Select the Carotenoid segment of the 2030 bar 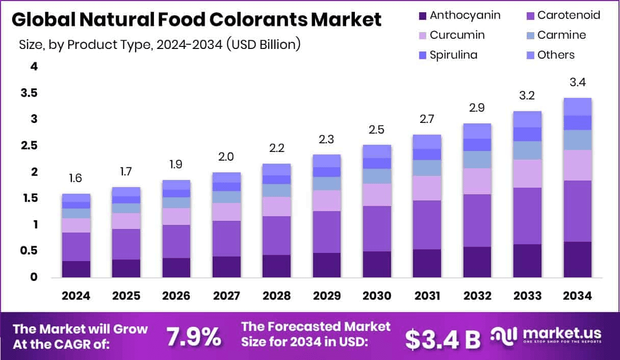(377, 228)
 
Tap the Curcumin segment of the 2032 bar (477, 181)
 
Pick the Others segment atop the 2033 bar (527, 119)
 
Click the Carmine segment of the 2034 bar (577, 140)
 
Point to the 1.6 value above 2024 (76, 178)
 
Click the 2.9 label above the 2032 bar (477, 108)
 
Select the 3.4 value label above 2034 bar (577, 83)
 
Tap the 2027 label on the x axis (226, 296)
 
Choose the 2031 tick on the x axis (427, 296)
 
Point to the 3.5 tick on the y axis (29, 93)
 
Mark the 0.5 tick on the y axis (29, 250)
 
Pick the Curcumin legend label (457, 35)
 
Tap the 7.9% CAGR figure (194, 337)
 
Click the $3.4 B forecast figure (443, 338)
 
